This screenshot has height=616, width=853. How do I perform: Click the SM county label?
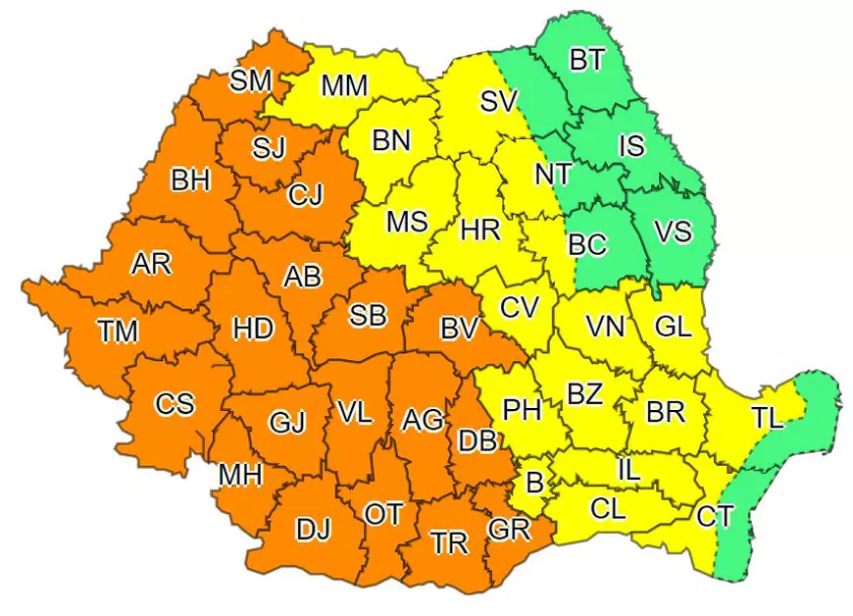250,80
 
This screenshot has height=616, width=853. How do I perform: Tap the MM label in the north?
344,85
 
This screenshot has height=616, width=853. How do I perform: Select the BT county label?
587,60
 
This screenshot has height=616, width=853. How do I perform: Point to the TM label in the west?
118,332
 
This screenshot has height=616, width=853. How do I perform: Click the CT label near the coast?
714,515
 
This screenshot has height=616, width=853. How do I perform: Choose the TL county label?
768,419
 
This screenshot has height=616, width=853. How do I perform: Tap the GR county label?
508,530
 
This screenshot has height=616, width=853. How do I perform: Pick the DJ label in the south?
313,530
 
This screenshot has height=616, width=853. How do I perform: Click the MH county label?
240,476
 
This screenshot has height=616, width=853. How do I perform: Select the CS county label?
175,403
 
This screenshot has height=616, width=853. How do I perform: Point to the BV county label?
458,329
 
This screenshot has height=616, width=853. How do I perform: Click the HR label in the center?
480,231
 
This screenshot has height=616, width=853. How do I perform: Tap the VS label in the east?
673,232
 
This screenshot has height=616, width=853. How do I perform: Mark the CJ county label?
305,196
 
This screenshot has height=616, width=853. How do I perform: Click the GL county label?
673,327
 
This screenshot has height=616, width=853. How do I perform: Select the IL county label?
627,470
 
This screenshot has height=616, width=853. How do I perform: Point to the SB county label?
368,316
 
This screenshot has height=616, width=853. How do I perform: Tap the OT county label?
381,513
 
